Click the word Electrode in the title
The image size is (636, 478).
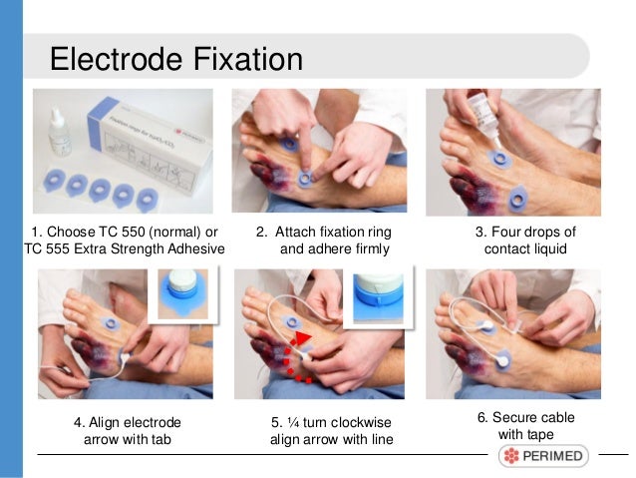[116, 59]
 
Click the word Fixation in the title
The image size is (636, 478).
[248, 59]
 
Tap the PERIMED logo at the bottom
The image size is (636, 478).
[543, 456]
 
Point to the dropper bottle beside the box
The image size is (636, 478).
[59, 133]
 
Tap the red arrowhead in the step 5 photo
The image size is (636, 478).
[302, 338]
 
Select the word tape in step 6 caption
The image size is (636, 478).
[539, 434]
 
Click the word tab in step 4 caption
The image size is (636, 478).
[160, 439]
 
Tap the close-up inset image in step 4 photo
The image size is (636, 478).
[183, 293]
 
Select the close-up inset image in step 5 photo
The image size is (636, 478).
[378, 296]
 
